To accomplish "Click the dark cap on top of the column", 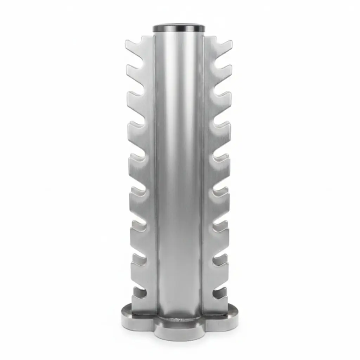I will point(179,28).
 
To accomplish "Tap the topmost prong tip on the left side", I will point(129,44).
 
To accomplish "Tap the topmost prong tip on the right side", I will point(229,44).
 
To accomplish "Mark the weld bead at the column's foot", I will point(179,319).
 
